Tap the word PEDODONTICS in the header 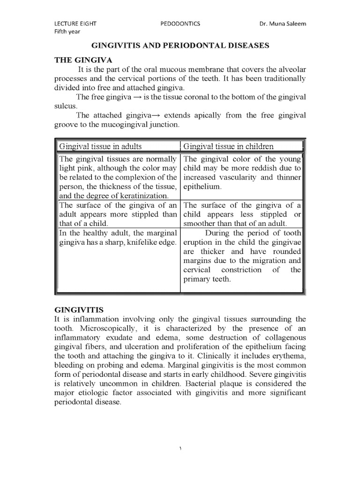pyautogui.click(x=180, y=24)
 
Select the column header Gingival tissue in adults pyautogui.click(x=100, y=146)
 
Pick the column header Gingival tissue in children pyautogui.click(x=228, y=146)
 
